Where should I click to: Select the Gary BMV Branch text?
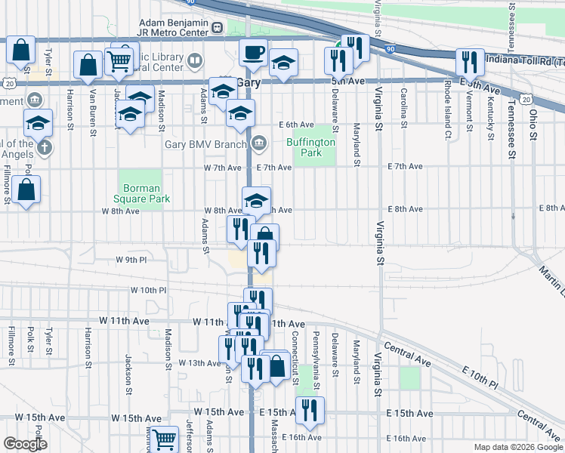tap(205, 143)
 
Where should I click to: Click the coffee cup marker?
tap(253, 53)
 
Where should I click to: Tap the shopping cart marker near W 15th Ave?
tap(164, 439)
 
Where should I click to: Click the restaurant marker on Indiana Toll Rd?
tap(471, 63)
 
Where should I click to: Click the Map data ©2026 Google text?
tap(518, 447)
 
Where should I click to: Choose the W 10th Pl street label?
tap(147, 290)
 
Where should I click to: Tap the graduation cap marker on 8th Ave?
tap(256, 200)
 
